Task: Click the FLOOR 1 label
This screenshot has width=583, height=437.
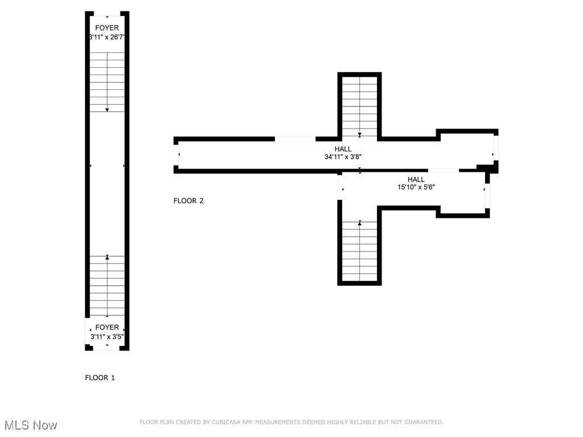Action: [x=100, y=377]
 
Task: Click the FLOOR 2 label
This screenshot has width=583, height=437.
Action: [x=188, y=200]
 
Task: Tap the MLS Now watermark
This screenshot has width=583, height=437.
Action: [x=31, y=425]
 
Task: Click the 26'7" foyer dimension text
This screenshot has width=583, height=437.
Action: [x=107, y=36]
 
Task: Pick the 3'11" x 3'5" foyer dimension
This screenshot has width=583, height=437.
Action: [x=107, y=336]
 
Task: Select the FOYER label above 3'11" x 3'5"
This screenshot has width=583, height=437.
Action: [x=107, y=327]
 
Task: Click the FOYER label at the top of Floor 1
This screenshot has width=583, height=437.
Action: [x=107, y=28]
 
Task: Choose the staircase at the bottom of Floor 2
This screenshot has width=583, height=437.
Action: [x=359, y=250]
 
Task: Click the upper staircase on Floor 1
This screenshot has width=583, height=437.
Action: [x=107, y=82]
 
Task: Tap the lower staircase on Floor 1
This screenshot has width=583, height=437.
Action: [x=107, y=286]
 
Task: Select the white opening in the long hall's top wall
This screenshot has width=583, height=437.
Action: [x=295, y=138]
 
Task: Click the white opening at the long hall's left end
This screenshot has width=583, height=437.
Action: [x=176, y=154]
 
